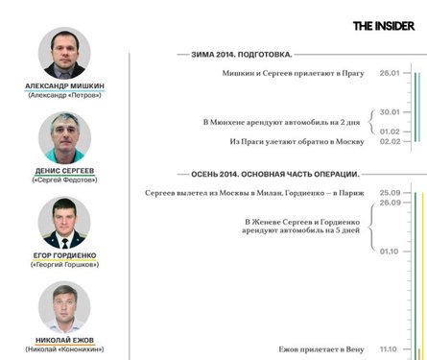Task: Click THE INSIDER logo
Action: (x=385, y=26)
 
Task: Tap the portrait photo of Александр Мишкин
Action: (x=64, y=53)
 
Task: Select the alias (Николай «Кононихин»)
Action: (x=64, y=348)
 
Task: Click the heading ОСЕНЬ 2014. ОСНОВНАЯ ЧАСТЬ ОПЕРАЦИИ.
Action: (x=268, y=175)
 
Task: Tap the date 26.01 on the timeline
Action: (x=389, y=73)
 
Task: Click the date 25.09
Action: (x=389, y=193)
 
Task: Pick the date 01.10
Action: (x=389, y=251)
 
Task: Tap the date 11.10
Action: (x=389, y=348)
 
